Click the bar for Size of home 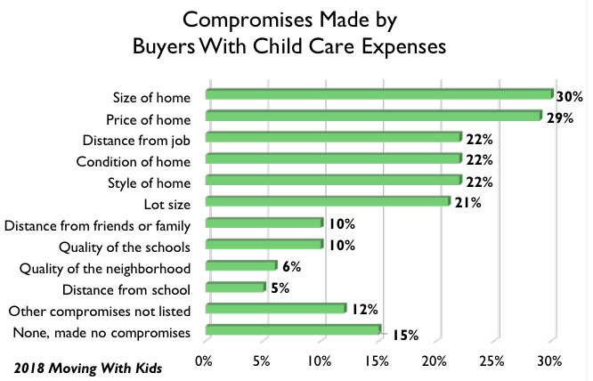379,94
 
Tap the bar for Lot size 328,202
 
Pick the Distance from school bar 236,288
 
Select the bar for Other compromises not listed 276,309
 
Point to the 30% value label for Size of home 570,96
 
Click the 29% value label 558,118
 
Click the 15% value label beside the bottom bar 403,335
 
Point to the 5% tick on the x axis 261,361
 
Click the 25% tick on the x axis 492,361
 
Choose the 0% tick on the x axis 203,361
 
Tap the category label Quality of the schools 128,245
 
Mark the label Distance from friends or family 102,223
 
